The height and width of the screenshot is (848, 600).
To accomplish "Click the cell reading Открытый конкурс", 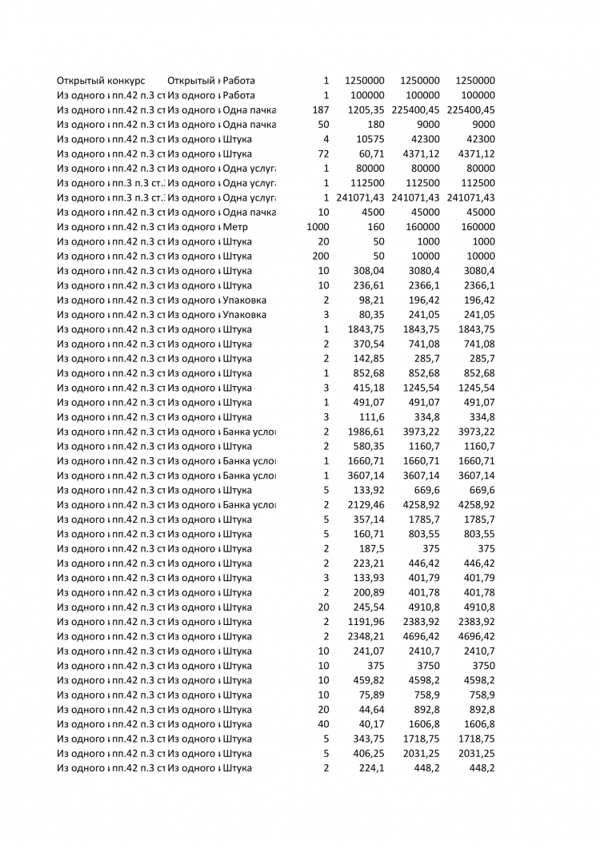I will point(100,81).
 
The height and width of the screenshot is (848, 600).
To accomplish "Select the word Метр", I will point(236,227).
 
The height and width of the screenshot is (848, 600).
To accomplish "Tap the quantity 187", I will point(320,109).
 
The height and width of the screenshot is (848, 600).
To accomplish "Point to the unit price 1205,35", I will point(366,109).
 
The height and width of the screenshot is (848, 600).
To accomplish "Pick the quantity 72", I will point(323,153).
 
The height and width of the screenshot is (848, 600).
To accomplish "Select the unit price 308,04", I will point(369,271).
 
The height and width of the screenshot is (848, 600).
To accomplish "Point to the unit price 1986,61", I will point(366,432).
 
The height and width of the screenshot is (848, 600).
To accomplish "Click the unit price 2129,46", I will point(366,505).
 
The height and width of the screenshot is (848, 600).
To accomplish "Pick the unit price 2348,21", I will point(366,637).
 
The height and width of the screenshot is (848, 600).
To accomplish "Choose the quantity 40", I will point(323,725).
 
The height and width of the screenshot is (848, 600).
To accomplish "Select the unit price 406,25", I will point(369,754).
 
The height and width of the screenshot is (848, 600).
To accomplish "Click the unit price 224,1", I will point(372,768).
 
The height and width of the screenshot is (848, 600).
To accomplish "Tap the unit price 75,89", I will point(372,695).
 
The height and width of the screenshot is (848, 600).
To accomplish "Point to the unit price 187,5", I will point(372,549).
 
